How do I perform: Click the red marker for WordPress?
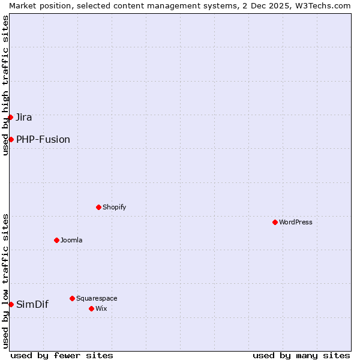pos(275,222)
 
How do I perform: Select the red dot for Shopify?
pos(98,207)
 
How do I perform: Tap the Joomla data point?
pos(56,240)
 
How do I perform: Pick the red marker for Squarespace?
pos(72,298)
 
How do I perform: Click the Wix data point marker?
pos(91,308)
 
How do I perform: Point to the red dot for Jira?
pos(11,117)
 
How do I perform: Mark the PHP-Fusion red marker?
pos(11,139)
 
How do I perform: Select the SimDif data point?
pos(11,304)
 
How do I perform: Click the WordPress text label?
pos(296,222)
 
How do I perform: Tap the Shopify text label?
pos(115,207)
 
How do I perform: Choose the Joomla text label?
pos(71,240)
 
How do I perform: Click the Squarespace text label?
pos(97,298)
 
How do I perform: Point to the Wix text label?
pos(101,308)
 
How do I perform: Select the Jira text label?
pos(24,117)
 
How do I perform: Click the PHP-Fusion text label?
pos(43,139)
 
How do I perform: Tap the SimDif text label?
pos(32,304)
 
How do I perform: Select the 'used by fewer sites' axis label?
pos(62,355)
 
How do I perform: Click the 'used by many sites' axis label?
pos(301,355)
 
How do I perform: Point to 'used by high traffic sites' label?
pos(5,85)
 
